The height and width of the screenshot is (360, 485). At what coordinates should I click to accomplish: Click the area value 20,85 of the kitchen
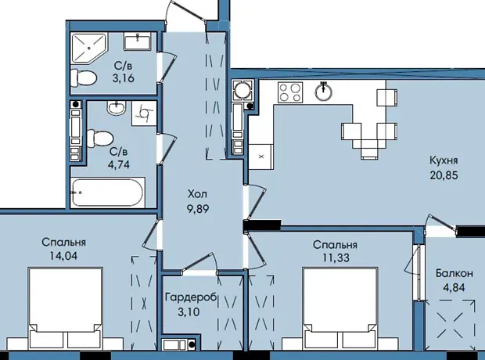click(x=444, y=175)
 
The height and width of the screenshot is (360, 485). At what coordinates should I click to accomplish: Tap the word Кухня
click(x=444, y=160)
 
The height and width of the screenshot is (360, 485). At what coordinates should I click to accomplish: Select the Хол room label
click(x=198, y=194)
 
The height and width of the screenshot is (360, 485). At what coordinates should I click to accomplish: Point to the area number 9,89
click(x=198, y=209)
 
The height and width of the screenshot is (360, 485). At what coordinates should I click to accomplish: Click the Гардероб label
click(x=191, y=297)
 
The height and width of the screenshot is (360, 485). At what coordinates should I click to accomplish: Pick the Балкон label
click(x=454, y=273)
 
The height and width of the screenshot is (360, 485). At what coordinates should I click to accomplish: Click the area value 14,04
click(x=63, y=256)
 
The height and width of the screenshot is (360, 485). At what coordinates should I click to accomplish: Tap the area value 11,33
click(x=336, y=257)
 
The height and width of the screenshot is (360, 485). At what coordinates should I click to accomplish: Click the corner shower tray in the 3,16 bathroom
click(x=89, y=48)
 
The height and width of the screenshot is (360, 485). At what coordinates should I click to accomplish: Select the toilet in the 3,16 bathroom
click(x=84, y=77)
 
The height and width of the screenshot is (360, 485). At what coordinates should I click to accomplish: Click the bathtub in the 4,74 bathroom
click(x=108, y=193)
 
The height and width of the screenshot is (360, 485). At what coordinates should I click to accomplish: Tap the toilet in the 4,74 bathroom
click(x=99, y=138)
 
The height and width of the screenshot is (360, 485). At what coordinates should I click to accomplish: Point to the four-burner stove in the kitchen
click(x=290, y=92)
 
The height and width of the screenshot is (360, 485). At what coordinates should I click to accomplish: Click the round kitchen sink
click(x=323, y=92)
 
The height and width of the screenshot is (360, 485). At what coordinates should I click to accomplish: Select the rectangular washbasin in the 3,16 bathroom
click(x=138, y=41)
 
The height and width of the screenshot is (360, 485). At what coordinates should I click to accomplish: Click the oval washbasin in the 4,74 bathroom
click(x=116, y=108)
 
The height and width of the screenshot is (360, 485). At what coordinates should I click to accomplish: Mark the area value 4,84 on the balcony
click(x=454, y=287)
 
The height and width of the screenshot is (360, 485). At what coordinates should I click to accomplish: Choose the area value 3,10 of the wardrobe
click(x=189, y=311)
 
